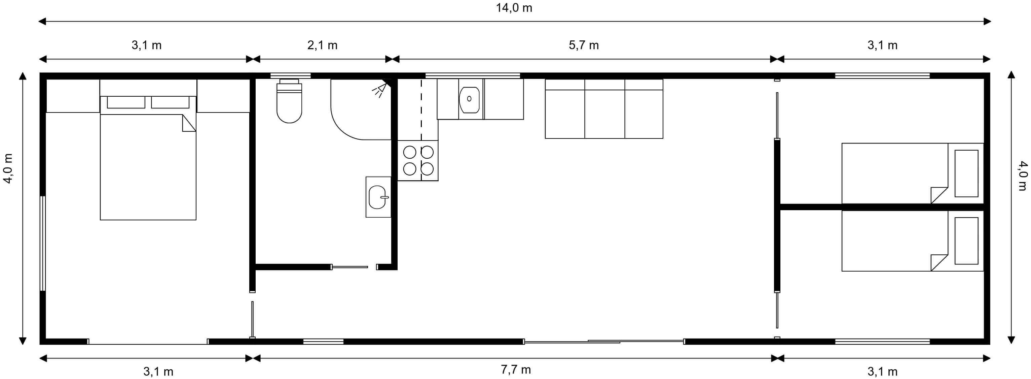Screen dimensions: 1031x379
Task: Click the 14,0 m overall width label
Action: (514, 8)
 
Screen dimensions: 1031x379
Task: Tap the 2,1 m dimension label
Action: (322, 45)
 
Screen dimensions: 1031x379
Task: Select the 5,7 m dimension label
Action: (584, 45)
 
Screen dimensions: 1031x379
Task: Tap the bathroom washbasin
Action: (378, 197)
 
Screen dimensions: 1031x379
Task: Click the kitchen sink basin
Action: (469, 99)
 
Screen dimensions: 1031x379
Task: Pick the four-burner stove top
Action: (418, 160)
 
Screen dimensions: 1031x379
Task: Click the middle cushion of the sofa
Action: (604, 108)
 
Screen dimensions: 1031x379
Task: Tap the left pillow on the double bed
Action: (126, 102)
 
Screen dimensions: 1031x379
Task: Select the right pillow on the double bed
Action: (170, 102)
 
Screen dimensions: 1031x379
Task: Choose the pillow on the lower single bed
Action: (966, 241)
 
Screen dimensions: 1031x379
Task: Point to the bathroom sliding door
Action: (349, 267)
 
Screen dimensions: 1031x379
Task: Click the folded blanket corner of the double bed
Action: (189, 123)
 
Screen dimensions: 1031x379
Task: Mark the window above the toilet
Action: (291, 76)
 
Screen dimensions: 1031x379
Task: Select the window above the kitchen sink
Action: (473, 76)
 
